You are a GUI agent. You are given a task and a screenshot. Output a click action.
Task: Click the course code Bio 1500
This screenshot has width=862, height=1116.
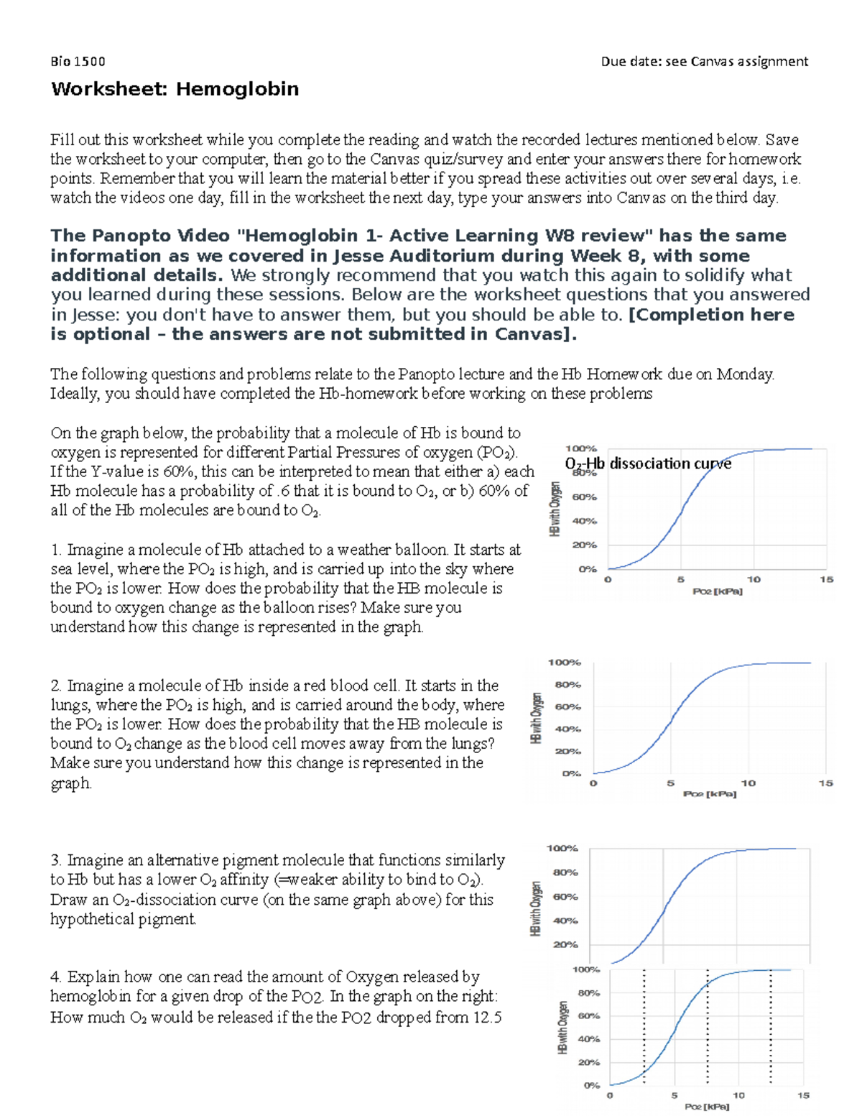pos(78,62)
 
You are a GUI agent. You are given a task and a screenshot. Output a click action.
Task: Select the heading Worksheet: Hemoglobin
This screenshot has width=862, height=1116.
pos(175,89)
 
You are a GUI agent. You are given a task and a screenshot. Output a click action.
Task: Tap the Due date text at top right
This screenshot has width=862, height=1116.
pos(704,62)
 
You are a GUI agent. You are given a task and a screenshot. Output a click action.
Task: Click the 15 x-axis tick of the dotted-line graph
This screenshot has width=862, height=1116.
pos(803,1096)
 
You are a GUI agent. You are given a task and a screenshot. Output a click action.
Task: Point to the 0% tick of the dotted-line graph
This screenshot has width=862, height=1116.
pos(591,1085)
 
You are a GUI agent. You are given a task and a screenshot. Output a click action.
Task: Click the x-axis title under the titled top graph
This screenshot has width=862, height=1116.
pos(717,591)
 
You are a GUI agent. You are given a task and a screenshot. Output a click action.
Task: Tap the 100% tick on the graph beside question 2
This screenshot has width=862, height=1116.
pos(564,663)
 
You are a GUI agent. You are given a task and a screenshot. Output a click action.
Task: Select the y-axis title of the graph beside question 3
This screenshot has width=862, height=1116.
pos(535,908)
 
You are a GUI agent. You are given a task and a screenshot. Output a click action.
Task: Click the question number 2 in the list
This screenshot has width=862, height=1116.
pos(56,686)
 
